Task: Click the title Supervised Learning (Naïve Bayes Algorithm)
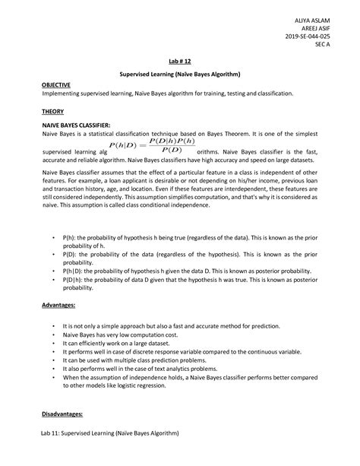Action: click(x=179, y=74)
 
